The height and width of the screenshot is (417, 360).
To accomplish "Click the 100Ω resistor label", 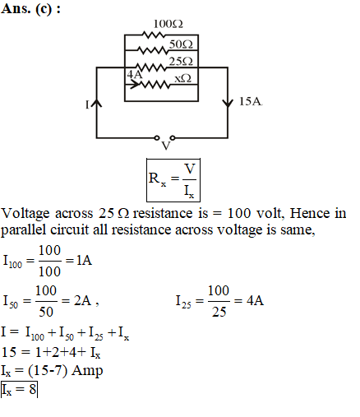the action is tap(168, 24).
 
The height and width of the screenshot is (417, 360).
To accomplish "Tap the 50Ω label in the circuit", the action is tap(181, 44).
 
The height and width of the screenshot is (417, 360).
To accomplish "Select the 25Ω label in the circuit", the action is tap(181, 61).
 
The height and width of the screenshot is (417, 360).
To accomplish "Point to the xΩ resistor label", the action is tap(183, 78).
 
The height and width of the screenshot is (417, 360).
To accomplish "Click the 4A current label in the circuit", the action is tap(135, 74).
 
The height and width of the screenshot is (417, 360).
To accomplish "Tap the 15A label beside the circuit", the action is tap(251, 101).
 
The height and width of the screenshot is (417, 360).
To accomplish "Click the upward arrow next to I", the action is tap(96, 103).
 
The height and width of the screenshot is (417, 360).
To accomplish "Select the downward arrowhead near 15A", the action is tap(228, 103).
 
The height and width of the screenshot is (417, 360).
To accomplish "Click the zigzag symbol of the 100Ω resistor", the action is tap(154, 35).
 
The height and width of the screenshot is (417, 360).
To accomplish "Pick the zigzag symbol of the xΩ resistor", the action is tap(155, 85).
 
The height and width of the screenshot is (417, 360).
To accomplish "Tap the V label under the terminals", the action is tap(166, 146).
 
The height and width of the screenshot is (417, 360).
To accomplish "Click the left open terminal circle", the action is tap(157, 137).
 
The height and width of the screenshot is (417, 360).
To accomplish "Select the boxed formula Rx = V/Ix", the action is tap(173, 180).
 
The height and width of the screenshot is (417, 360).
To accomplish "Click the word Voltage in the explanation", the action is tap(25, 214).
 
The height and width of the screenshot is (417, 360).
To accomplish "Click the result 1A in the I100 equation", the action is tap(84, 260).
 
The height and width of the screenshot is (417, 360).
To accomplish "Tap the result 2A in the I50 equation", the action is tap(82, 300).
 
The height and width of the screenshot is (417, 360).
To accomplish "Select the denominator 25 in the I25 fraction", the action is tap(219, 312).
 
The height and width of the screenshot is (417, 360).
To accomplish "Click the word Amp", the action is tap(87, 371).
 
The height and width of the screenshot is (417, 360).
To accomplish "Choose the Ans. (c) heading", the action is tap(30, 9).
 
